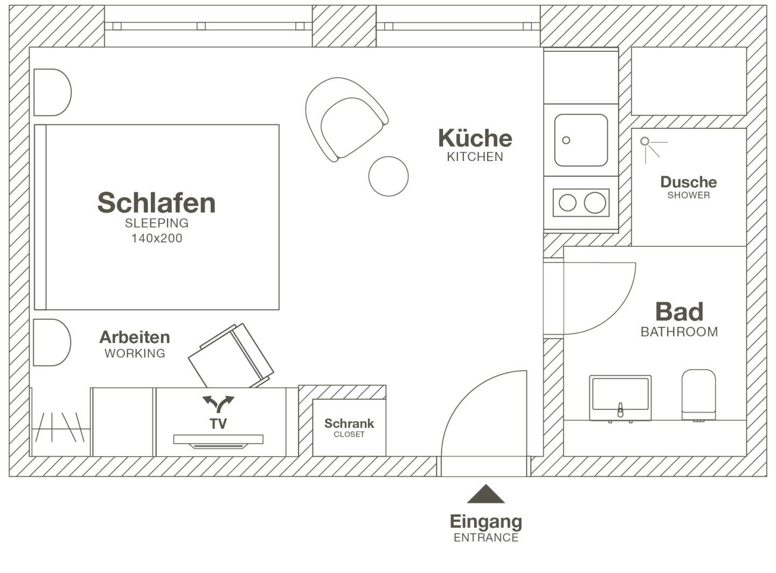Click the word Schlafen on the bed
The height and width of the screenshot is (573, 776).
(x=156, y=203)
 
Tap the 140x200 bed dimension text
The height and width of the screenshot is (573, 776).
(x=157, y=238)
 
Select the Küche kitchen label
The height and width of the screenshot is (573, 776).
(x=475, y=138)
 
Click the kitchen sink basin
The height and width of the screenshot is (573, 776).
(x=581, y=140)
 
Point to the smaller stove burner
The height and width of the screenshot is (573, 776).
(x=567, y=203)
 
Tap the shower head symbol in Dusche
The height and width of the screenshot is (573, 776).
(x=645, y=142)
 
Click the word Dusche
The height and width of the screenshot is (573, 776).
(x=688, y=182)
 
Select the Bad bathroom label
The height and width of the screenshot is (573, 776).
(x=679, y=312)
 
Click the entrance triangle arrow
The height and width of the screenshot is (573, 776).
(x=486, y=494)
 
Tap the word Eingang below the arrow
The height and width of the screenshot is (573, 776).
(x=486, y=521)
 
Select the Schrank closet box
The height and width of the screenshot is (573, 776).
(x=349, y=428)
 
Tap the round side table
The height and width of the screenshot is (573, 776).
(x=389, y=176)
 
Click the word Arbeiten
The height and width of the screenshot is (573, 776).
(x=135, y=338)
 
